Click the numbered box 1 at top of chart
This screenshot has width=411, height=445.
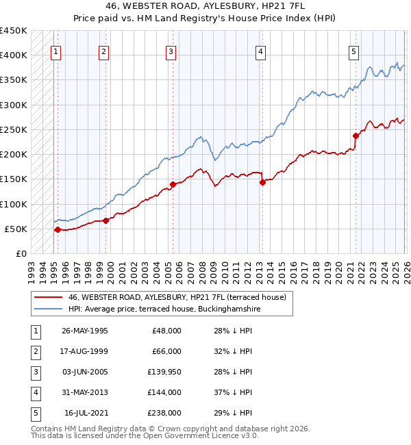pyautogui.click(x=55, y=51)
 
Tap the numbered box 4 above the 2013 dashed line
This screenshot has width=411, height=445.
pyautogui.click(x=261, y=51)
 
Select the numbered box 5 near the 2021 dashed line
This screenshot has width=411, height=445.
pyautogui.click(x=353, y=51)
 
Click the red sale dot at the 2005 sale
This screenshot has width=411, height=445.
pyautogui.click(x=173, y=183)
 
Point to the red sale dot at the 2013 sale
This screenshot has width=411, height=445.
pyautogui.click(x=262, y=182)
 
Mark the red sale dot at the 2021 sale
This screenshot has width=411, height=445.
pyautogui.click(x=356, y=135)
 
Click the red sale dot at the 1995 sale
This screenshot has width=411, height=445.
pyautogui.click(x=58, y=229)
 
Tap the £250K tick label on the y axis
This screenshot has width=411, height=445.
pyautogui.click(x=13, y=129)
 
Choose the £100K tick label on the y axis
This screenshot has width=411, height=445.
pyautogui.click(x=13, y=204)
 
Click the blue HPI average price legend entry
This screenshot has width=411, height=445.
pyautogui.click(x=164, y=309)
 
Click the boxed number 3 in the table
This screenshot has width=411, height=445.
pyautogui.click(x=35, y=372)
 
